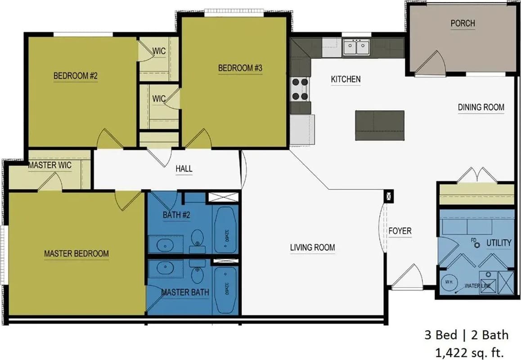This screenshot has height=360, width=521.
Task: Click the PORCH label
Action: [463, 23]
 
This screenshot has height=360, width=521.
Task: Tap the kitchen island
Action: [380, 125]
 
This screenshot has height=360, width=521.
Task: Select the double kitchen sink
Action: [356, 47]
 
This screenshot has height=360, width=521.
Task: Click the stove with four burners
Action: [301, 89]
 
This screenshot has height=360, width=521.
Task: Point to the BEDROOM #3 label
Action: [240, 68]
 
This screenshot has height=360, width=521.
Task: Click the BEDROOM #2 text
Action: [76, 76]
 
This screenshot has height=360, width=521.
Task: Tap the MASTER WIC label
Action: [49, 165]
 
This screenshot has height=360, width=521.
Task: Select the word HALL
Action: [184, 169]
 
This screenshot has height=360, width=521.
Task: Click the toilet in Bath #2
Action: [198, 238]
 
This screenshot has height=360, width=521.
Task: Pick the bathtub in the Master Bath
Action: [225, 290]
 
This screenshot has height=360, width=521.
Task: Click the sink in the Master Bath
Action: [164, 269]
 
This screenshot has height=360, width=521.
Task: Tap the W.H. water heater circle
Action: [449, 282]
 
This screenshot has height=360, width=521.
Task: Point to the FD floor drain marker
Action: [474, 240]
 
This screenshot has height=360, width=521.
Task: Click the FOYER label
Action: [400, 231]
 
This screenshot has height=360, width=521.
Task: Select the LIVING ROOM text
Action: [312, 247]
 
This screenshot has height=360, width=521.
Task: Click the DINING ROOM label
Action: [481, 107]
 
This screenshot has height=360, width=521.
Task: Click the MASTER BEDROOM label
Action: [76, 253]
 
